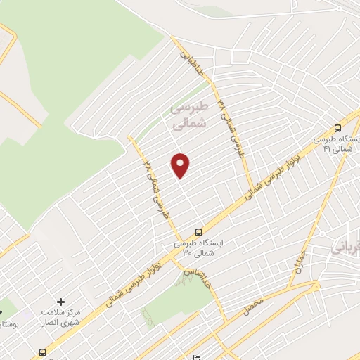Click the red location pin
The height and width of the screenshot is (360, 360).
[x=181, y=165]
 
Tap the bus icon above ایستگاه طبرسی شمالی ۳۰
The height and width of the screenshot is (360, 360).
[x=198, y=231]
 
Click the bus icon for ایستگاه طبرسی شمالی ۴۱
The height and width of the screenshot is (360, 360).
[x=339, y=128]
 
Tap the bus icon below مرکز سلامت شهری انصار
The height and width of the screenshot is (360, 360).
[x=44, y=352]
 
